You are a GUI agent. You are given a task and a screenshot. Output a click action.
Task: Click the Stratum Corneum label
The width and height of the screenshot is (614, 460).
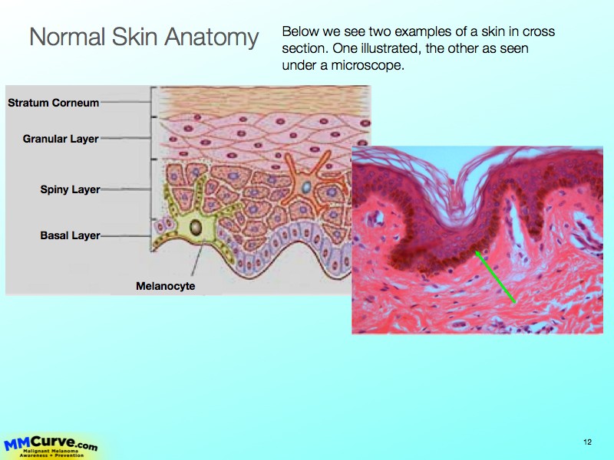pyautogui.click(x=53, y=103)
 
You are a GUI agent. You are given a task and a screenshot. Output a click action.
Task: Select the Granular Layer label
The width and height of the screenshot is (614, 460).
pyautogui.click(x=61, y=139)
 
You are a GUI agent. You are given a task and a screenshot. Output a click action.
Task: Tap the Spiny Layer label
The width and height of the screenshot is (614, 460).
pyautogui.click(x=70, y=189)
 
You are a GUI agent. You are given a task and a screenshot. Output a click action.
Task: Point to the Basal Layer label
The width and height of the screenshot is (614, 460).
pyautogui.click(x=70, y=235)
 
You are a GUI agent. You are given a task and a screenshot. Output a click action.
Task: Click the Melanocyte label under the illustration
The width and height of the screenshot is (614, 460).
pyautogui.click(x=166, y=286)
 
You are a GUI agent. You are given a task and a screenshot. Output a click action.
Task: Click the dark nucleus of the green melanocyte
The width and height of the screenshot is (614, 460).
pyautogui.click(x=196, y=228)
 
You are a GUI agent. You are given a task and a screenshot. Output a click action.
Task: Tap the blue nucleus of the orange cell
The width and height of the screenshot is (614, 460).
pyautogui.click(x=306, y=187)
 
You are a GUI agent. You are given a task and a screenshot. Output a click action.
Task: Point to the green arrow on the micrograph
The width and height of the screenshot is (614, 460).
pyautogui.click(x=495, y=277)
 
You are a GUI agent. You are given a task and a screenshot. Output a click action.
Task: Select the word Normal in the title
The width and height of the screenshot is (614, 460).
pyautogui.click(x=68, y=37)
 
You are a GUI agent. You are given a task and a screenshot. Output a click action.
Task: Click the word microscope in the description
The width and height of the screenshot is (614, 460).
pyautogui.click(x=368, y=65)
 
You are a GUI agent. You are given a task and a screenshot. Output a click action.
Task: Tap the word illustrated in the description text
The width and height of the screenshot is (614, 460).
pyautogui.click(x=391, y=48)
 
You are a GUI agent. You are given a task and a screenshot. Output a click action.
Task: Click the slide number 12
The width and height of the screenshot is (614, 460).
pyautogui.click(x=587, y=442)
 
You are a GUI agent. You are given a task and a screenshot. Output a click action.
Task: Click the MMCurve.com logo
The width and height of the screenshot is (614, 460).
pyautogui.click(x=51, y=447)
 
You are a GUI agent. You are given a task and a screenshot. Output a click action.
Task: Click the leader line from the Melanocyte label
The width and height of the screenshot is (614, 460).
pyautogui.click(x=198, y=259)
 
